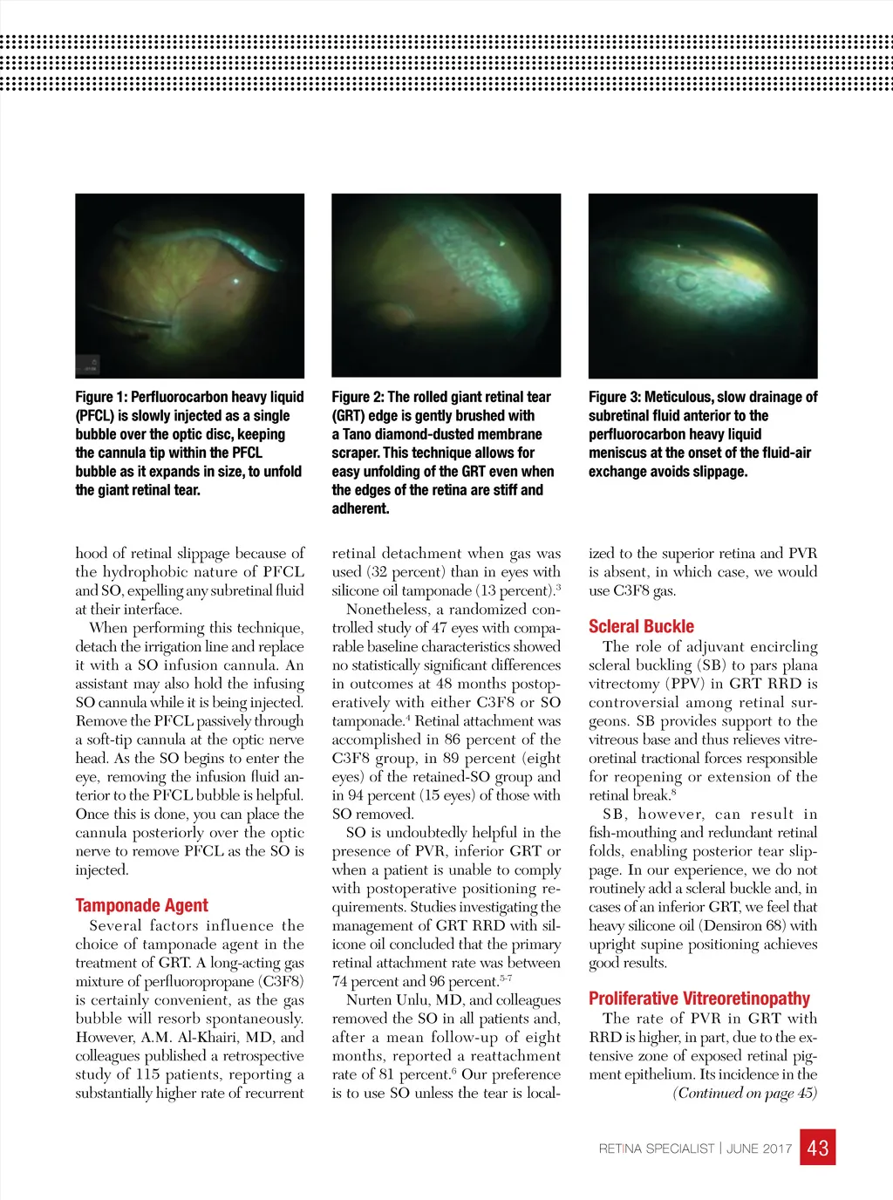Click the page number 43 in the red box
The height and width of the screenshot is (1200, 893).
(x=818, y=1147)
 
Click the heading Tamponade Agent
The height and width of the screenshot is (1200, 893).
(x=141, y=905)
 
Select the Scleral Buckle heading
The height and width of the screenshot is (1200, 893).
(x=641, y=626)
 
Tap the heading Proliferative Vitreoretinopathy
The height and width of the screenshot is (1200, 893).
(x=699, y=999)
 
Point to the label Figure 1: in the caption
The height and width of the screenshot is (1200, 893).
(x=101, y=397)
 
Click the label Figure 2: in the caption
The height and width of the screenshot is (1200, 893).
(x=358, y=397)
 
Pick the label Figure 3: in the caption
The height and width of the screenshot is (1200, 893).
(x=615, y=397)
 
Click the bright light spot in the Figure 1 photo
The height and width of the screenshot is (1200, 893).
(x=236, y=281)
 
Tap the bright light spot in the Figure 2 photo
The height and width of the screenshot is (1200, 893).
(x=503, y=243)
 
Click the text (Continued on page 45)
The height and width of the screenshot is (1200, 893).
(x=745, y=1094)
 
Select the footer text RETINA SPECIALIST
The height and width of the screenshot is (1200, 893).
(x=656, y=1149)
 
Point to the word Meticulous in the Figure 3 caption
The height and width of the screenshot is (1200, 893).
(x=681, y=397)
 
